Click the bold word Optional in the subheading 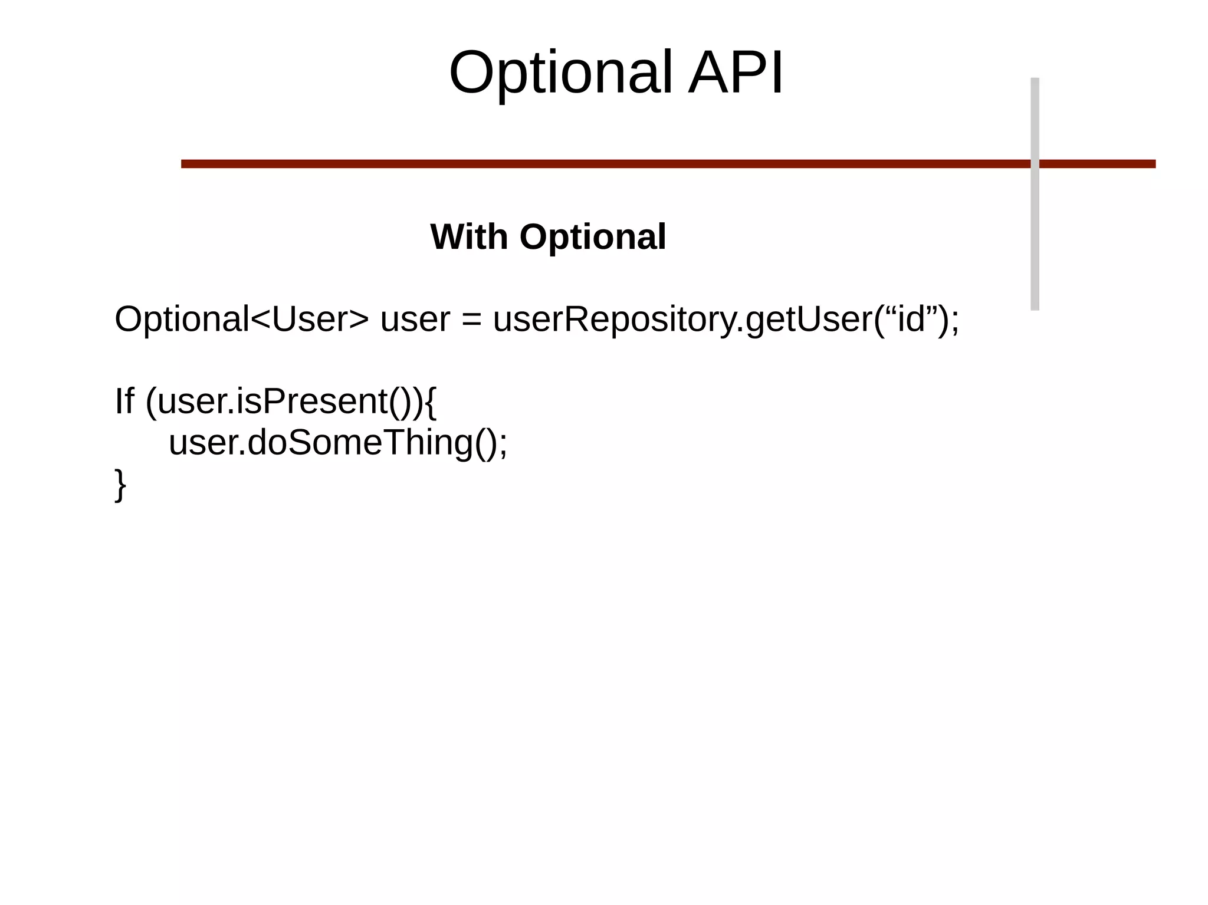click(593, 237)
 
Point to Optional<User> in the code click(241, 320)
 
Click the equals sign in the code click(472, 321)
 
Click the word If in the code click(124, 402)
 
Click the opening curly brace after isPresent click(430, 403)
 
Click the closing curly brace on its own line click(120, 485)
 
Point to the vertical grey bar click(1035, 236)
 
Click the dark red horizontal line click(590, 164)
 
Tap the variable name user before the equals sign click(415, 321)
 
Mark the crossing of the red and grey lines click(1035, 164)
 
